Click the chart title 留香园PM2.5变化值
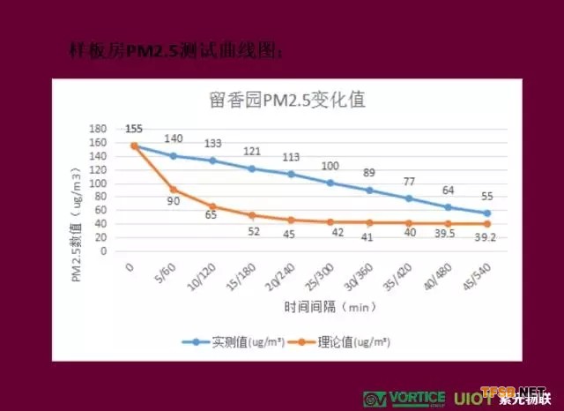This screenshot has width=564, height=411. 288,100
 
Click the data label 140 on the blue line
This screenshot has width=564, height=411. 172,139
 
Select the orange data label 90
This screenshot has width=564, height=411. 173,202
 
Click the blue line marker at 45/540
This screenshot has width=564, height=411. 486,213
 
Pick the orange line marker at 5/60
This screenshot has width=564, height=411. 174,190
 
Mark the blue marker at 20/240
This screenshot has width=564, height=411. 291,174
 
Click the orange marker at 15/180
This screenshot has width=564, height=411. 252,215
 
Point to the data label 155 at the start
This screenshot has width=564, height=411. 134,128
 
